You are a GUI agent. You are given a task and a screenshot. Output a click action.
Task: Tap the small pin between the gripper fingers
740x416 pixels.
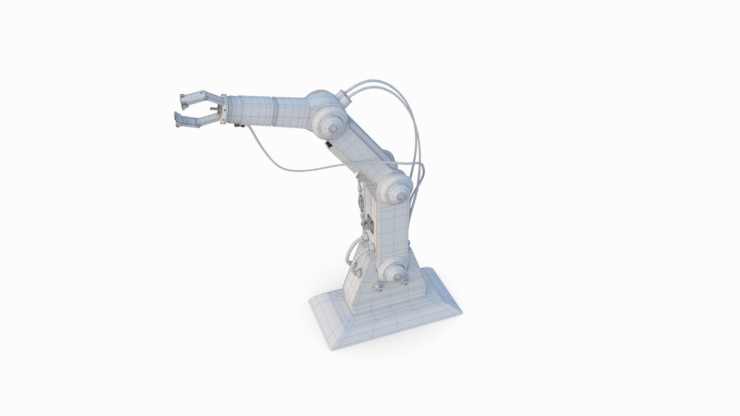pyautogui.click(x=212, y=109)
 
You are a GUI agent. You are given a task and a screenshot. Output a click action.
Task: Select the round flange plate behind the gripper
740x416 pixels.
pyautogui.click(x=223, y=111)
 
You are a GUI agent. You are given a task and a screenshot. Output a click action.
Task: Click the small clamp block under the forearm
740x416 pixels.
pyautogui.click(x=239, y=125)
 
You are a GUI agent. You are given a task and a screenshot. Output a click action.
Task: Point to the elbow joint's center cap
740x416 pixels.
pyautogui.click(x=332, y=127)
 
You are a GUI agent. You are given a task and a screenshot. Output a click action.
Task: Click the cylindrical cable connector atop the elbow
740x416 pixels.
pyautogui.click(x=344, y=99)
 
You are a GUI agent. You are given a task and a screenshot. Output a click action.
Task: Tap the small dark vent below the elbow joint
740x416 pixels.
pyautogui.click(x=329, y=145)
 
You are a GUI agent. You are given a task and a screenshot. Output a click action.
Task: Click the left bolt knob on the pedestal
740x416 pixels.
pyautogui.click(x=378, y=287)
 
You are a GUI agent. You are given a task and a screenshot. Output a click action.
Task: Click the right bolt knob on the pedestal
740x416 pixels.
pyautogui.click(x=404, y=282)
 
